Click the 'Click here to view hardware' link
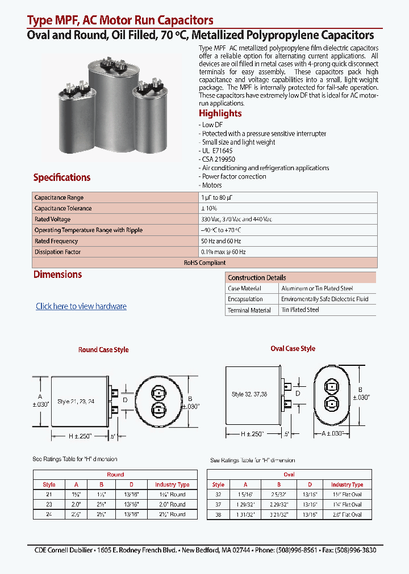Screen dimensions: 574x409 pos(81,306)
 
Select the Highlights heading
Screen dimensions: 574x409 pos(220,113)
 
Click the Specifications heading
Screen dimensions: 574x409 pos(62,178)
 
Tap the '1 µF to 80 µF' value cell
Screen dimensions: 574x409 pos(217,197)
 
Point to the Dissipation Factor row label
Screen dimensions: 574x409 pos(58,252)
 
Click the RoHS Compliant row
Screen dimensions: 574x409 pos(204,263)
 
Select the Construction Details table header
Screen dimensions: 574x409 pos(257,278)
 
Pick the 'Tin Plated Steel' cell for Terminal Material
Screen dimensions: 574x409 pos(301,310)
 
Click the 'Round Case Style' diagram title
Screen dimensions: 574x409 pos(103,350)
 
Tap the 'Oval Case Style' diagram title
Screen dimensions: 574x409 pos(293,349)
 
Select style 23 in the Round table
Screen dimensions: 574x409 pos(49,504)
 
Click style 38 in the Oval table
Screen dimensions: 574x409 pos(218,515)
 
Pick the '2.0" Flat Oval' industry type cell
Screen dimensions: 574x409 pos(347,515)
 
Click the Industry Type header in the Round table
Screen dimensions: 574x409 pos(172,485)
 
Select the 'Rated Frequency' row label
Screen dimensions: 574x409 pos(56,241)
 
